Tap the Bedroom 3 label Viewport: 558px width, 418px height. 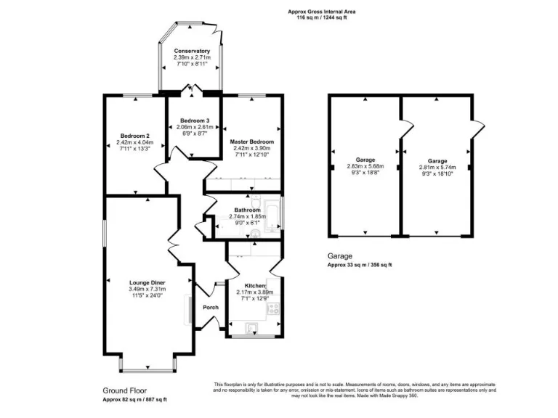tap(195, 120)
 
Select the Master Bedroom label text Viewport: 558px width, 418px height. tap(251, 142)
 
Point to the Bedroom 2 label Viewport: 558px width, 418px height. tap(134, 136)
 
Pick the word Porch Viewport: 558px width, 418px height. tap(211, 307)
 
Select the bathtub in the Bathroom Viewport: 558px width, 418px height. tap(272, 215)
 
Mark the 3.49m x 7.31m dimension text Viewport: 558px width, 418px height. tap(147, 290)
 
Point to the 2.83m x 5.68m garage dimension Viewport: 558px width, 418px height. tap(365, 166)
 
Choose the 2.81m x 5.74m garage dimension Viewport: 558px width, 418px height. tap(437, 167)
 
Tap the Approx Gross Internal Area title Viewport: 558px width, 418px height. tap(322, 12)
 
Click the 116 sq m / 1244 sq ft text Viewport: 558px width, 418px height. tap(322, 17)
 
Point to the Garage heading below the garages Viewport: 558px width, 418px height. tap(339, 256)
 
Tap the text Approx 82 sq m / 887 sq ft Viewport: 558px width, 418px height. tap(134, 400)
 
